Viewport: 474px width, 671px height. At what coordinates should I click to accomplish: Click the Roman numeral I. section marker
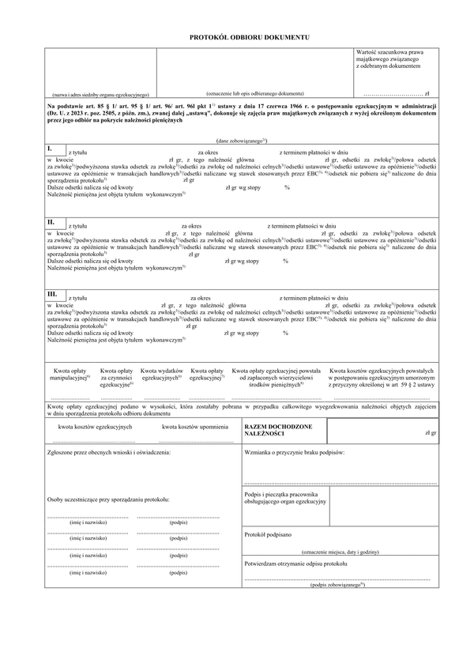[x=50, y=149]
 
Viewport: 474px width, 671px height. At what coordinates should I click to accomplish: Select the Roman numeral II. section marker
[x=51, y=223]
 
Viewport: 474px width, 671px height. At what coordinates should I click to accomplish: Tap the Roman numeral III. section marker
[x=52, y=294]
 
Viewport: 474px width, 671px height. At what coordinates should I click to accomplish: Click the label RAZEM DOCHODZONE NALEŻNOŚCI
[x=278, y=430]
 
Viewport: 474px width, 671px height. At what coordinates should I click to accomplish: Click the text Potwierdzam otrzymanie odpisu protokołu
[x=296, y=564]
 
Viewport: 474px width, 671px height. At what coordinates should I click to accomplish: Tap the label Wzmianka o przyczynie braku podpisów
[x=296, y=454]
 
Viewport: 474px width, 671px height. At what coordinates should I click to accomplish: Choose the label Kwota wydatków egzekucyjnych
[x=162, y=375]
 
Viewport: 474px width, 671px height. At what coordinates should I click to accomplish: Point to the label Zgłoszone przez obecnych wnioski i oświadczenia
[x=109, y=454]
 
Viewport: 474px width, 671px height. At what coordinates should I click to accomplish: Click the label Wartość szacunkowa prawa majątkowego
[x=390, y=57]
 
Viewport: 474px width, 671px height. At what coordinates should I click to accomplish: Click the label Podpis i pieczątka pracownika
[x=286, y=498]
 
